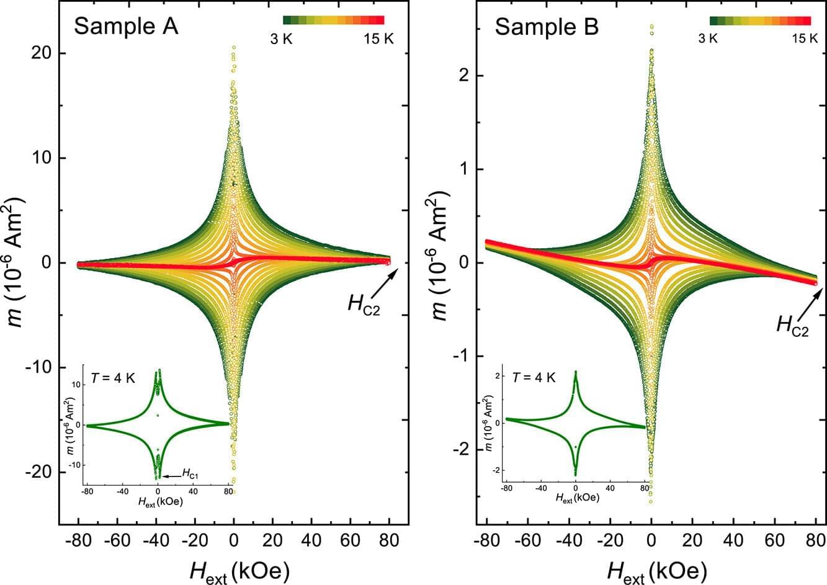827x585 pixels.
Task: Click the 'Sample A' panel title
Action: (x=126, y=26)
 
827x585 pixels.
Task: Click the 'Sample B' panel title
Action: (x=547, y=27)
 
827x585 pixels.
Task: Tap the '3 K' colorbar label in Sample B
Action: (x=708, y=38)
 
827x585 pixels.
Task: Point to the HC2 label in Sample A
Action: (x=363, y=303)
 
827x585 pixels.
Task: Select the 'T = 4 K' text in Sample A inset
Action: (x=114, y=377)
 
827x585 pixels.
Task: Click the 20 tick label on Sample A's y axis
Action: (x=38, y=53)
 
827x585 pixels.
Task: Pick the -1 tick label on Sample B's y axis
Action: (x=459, y=356)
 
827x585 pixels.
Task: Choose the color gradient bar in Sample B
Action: (x=760, y=20)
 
